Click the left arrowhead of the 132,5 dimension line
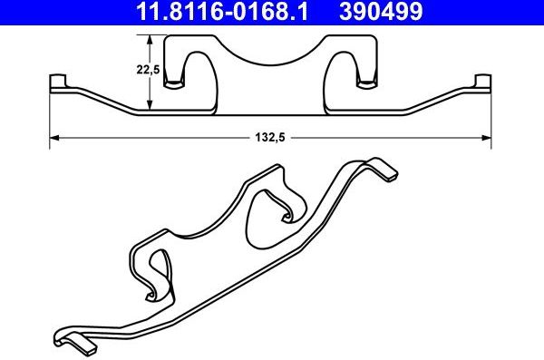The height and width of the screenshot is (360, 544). click(53, 138)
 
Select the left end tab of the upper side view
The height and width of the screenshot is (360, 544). click(58, 83)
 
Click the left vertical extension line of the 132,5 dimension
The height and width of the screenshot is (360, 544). click(49, 118)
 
